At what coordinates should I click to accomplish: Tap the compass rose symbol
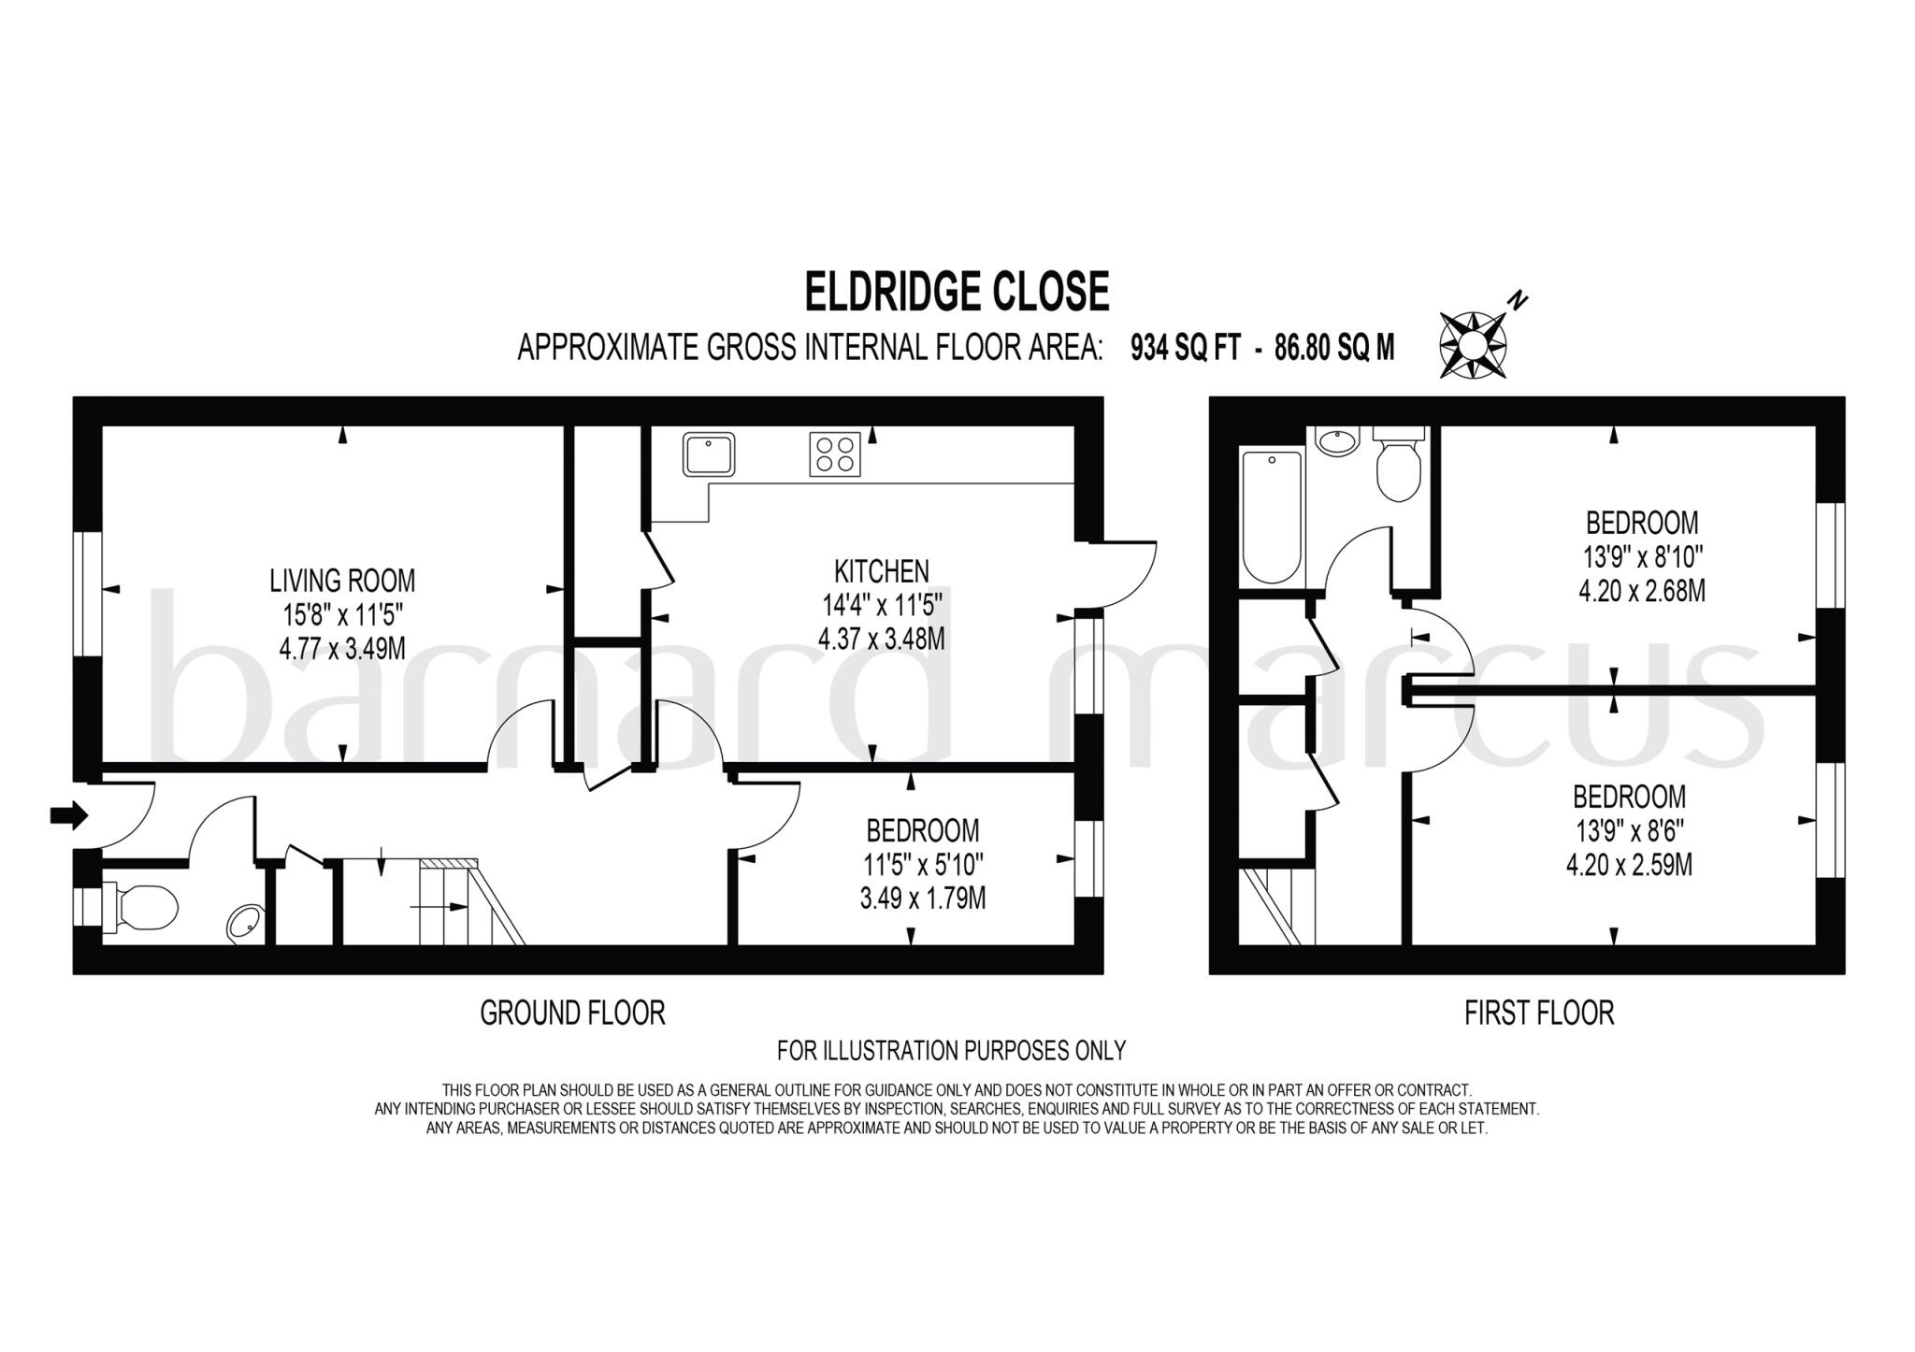tap(1473, 345)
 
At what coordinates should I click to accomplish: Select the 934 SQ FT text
tap(1185, 348)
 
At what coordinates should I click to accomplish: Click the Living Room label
tap(342, 581)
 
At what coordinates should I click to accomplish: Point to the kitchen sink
tap(708, 453)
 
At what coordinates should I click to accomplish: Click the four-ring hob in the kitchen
tap(834, 454)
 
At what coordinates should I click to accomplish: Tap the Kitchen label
tap(881, 570)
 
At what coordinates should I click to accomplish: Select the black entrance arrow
tap(68, 814)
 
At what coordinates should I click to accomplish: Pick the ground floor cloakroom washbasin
tap(245, 924)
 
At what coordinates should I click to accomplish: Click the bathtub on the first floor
tap(1271, 517)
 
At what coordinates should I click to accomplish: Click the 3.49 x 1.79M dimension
tap(922, 899)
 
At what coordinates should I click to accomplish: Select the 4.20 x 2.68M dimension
tap(1642, 591)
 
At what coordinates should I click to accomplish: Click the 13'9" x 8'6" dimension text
tap(1629, 831)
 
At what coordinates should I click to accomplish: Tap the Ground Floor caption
tap(572, 1013)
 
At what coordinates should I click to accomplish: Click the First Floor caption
tap(1539, 1013)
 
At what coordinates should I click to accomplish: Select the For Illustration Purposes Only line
tap(951, 1050)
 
